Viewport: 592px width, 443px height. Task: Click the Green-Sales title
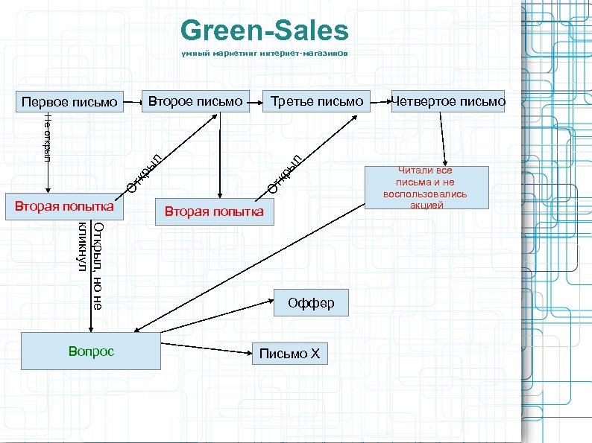point(264,31)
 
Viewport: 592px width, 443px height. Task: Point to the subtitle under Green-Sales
point(264,54)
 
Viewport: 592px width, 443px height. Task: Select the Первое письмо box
point(69,101)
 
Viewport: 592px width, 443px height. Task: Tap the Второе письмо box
point(196,101)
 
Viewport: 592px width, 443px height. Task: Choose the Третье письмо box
point(317,101)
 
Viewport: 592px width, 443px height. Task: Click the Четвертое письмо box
point(449,101)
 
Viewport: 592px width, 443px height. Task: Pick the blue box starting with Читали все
point(426,188)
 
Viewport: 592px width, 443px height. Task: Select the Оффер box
point(311,303)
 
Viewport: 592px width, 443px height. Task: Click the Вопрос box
point(91,351)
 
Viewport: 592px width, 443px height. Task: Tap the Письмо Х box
point(289,354)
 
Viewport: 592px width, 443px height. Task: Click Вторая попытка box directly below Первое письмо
point(60,205)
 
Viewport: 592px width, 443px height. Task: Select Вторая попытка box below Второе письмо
point(214,212)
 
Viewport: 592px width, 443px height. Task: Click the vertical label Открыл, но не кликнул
point(89,264)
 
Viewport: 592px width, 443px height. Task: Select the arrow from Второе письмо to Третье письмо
point(256,101)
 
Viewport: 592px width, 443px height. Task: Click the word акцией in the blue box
point(426,205)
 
